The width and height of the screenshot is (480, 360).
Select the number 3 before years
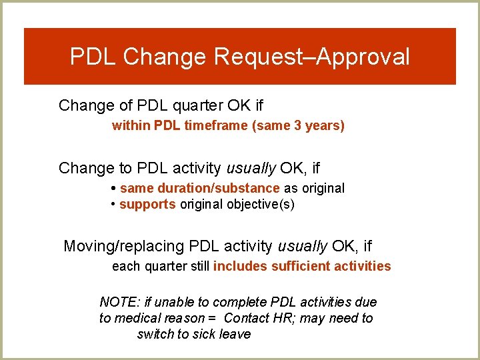[297, 125]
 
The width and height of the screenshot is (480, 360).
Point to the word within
[131, 125]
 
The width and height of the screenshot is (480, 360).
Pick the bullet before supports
[114, 204]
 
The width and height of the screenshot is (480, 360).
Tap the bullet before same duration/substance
[115, 188]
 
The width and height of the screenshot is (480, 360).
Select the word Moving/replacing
[123, 246]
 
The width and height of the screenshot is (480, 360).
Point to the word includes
[240, 266]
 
